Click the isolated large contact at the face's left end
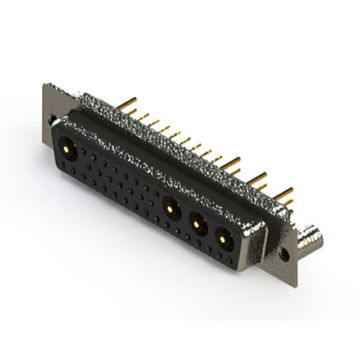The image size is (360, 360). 68,149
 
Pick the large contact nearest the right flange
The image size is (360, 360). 223,239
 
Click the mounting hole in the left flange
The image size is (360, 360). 53,119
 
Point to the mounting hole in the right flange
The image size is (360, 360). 285,254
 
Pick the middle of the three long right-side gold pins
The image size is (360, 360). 257,179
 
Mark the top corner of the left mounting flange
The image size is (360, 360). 44,85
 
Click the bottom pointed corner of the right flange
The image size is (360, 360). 296,286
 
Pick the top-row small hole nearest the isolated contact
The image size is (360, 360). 84,152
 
